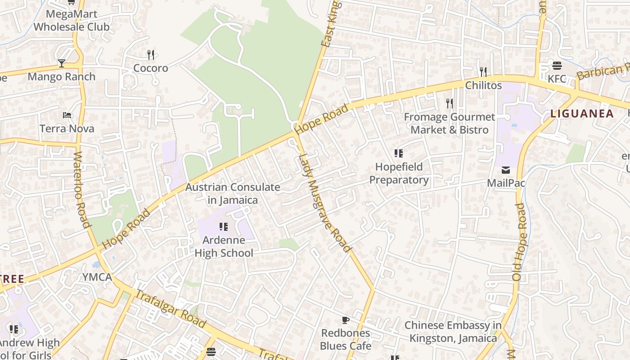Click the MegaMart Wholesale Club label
(x=72, y=21)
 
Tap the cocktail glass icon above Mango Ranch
(x=62, y=63)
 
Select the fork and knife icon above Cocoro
(x=151, y=55)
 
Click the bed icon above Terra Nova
(x=67, y=116)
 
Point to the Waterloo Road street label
(x=81, y=189)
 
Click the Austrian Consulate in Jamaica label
(x=233, y=193)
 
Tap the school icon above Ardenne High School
(x=224, y=227)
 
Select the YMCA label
(x=97, y=277)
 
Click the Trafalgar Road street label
(x=171, y=310)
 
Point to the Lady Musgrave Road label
(x=324, y=202)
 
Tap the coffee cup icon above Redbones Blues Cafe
(x=345, y=320)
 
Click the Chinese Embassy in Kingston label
(x=453, y=331)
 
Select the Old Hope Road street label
(x=519, y=242)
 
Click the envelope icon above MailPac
(x=506, y=170)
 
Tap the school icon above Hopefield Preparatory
(x=399, y=154)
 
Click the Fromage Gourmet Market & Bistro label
(x=449, y=123)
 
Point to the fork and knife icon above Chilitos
(x=483, y=72)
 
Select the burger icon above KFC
(x=557, y=66)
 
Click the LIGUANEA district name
(x=582, y=113)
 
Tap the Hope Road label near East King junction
(x=322, y=119)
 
